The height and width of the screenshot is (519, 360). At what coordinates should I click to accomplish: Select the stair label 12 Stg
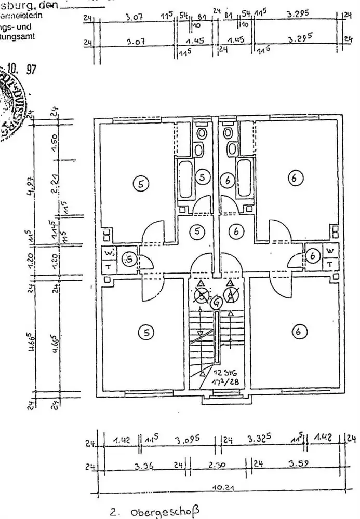tap(225, 372)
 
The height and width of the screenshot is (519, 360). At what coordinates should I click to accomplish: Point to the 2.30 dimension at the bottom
tap(220, 465)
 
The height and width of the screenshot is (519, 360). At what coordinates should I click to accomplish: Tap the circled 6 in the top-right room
tap(294, 179)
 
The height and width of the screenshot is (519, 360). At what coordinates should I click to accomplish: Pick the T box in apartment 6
tap(330, 264)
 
